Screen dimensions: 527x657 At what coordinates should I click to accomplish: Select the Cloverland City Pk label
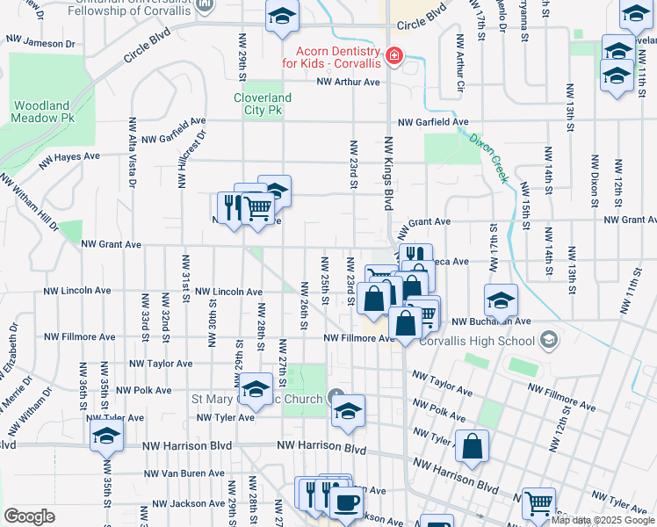point(262,105)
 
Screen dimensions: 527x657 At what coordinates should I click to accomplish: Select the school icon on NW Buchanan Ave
point(501,300)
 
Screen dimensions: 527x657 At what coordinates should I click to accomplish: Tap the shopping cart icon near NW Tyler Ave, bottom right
point(538,502)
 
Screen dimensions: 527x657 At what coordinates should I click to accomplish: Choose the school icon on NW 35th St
point(106,434)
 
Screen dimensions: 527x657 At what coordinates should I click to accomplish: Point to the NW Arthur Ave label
point(348,82)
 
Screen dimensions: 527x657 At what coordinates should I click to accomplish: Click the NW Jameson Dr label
point(40,42)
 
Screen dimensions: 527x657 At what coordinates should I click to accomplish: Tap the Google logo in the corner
point(29,516)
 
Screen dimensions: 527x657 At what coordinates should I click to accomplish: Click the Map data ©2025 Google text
point(603,520)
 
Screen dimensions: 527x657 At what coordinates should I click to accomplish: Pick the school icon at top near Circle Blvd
point(282,17)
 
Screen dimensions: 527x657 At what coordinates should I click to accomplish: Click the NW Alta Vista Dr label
point(133,153)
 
